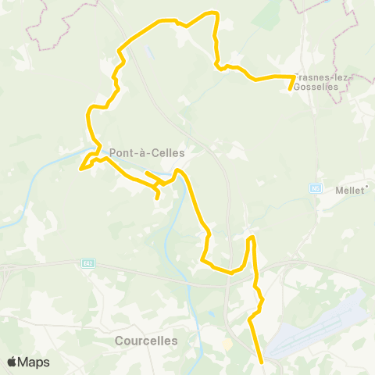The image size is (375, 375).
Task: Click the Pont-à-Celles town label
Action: pyautogui.click(x=148, y=153)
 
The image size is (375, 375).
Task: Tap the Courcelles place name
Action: pyautogui.click(x=146, y=341)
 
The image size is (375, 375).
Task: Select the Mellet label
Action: pyautogui.click(x=349, y=191)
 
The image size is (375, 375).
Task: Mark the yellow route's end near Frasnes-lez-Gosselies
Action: pyautogui.click(x=291, y=89)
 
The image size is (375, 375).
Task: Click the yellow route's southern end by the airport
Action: pyautogui.click(x=261, y=362)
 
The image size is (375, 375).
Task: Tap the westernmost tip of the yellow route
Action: pyautogui.click(x=80, y=166)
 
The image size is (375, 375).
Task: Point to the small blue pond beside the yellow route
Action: pyautogui.click(x=148, y=53)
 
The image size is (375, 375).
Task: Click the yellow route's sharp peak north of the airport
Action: pyautogui.click(x=251, y=237)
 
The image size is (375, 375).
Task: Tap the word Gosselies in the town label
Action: pyautogui.click(x=322, y=87)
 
